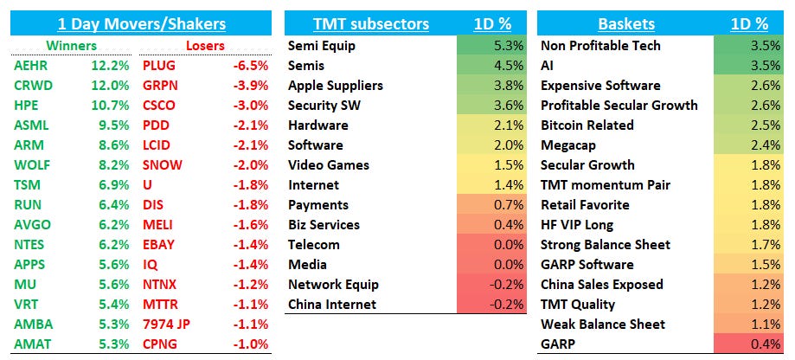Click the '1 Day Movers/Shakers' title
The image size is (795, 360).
tap(141, 23)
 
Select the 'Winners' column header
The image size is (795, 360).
tap(73, 45)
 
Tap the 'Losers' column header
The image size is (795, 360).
tap(205, 45)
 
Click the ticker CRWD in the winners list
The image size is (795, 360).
tap(32, 85)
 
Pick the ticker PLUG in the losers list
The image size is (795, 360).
tap(159, 65)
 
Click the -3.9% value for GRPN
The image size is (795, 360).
tap(250, 85)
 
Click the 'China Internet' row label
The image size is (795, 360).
tap(332, 304)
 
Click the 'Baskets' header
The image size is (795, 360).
tap(625, 23)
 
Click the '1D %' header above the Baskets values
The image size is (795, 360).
tap(748, 23)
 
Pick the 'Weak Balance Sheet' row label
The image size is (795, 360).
tap(602, 324)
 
